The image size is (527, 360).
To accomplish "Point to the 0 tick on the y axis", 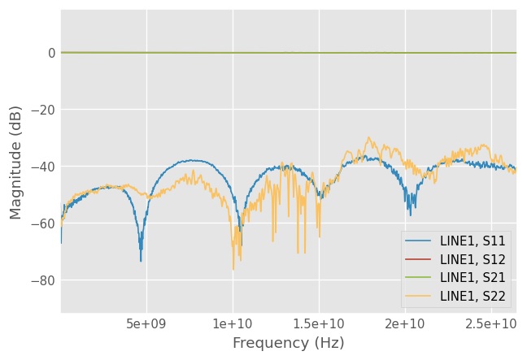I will pos(50,53).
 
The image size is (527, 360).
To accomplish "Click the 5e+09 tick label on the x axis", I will pos(146,324).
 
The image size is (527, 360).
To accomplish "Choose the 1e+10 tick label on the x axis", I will pos(233,324).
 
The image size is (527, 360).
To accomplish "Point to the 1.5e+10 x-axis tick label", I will pos(319,324).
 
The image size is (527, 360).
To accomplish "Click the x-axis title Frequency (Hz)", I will pos(288,343).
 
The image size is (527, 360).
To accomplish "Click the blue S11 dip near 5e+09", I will pos(141,259).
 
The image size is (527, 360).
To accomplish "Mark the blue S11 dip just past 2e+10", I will pos(411,214).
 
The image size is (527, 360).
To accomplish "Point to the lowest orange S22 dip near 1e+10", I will pos(233,268).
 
